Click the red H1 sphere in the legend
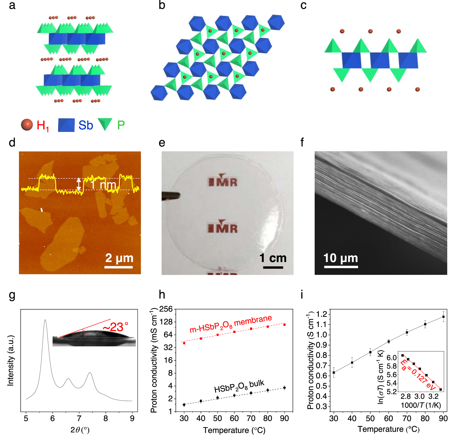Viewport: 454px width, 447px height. click(x=27, y=125)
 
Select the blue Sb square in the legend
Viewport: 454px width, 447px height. click(x=66, y=125)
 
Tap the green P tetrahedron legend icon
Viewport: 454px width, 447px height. click(x=105, y=124)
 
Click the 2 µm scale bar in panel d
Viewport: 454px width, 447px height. click(x=119, y=267)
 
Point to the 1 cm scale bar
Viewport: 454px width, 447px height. click(x=273, y=267)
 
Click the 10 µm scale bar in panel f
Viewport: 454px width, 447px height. click(x=341, y=267)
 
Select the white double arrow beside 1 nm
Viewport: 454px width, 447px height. click(x=79, y=184)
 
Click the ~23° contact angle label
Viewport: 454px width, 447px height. click(x=116, y=327)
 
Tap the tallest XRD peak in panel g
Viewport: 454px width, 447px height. click(x=45, y=321)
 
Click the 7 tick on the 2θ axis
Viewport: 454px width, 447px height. click(x=79, y=418)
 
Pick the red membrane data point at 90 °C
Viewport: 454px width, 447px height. click(x=285, y=325)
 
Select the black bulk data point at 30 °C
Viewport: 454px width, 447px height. click(x=184, y=405)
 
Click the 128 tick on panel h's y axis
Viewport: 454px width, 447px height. click(x=166, y=322)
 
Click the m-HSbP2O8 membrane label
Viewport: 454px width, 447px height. click(x=231, y=324)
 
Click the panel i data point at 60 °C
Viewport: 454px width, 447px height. click(x=389, y=341)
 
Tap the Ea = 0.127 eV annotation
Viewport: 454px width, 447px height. click(x=418, y=375)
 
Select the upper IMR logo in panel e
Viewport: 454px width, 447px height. click(x=223, y=181)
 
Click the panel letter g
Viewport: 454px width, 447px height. click(x=12, y=295)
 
